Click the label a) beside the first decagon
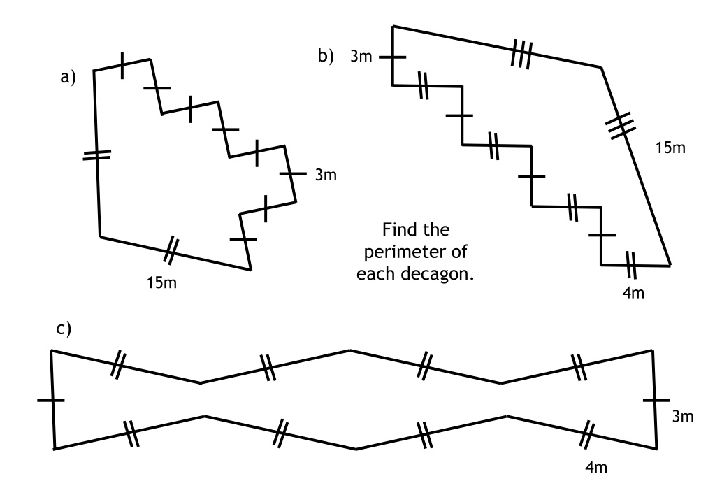pyautogui.click(x=68, y=77)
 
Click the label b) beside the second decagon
pyautogui.click(x=326, y=56)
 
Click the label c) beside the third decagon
pyautogui.click(x=64, y=329)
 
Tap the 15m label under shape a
pyautogui.click(x=161, y=283)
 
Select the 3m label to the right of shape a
pyautogui.click(x=326, y=175)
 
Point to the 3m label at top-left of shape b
pyautogui.click(x=361, y=56)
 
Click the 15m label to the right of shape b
pyautogui.click(x=670, y=148)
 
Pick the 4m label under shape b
pyautogui.click(x=633, y=293)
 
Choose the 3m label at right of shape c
pyautogui.click(x=683, y=417)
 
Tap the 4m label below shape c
pyautogui.click(x=596, y=467)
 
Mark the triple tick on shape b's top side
pyautogui.click(x=521, y=55)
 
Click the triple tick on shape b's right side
pyautogui.click(x=620, y=125)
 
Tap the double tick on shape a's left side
pyautogui.click(x=96, y=155)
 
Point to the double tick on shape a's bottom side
pyautogui.click(x=171, y=250)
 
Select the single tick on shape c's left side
pyautogui.click(x=51, y=401)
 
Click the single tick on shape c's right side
pyautogui.click(x=656, y=401)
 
